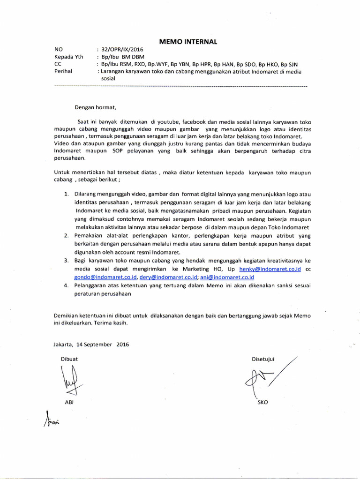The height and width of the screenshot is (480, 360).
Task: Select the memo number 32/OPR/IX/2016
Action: tap(120, 50)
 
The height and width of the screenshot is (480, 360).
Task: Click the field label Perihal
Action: tap(64, 71)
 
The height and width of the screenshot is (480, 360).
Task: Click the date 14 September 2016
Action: tap(100, 344)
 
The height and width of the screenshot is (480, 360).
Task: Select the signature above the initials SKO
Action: tap(267, 377)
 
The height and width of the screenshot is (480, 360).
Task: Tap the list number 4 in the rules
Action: tap(65, 285)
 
